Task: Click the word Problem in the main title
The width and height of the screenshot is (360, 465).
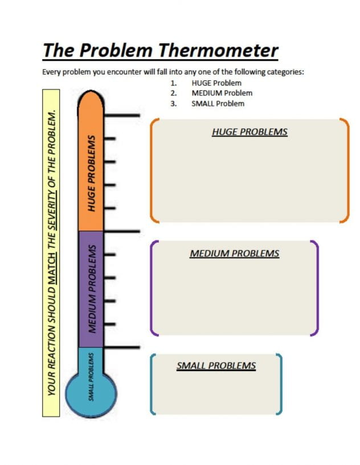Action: point(116,50)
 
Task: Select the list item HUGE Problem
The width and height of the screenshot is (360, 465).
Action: point(216,83)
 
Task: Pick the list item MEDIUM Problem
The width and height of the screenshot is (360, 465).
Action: point(222,93)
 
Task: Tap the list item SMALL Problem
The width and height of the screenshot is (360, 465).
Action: point(218,104)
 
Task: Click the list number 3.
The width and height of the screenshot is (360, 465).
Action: point(173,104)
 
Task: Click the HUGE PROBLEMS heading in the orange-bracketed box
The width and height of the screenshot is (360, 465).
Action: point(249,132)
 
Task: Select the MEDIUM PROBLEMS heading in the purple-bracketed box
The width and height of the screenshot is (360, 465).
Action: point(235,253)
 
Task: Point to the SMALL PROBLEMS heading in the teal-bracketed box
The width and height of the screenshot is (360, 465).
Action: point(216,365)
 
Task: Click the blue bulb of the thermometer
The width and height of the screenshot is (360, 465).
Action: point(91,394)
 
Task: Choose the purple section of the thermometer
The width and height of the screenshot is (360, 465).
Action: point(91,289)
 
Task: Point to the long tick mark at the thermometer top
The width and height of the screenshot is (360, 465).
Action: point(122,115)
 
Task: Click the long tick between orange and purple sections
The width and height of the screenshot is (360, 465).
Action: point(122,231)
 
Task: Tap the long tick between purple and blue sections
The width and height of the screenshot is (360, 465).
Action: point(122,347)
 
